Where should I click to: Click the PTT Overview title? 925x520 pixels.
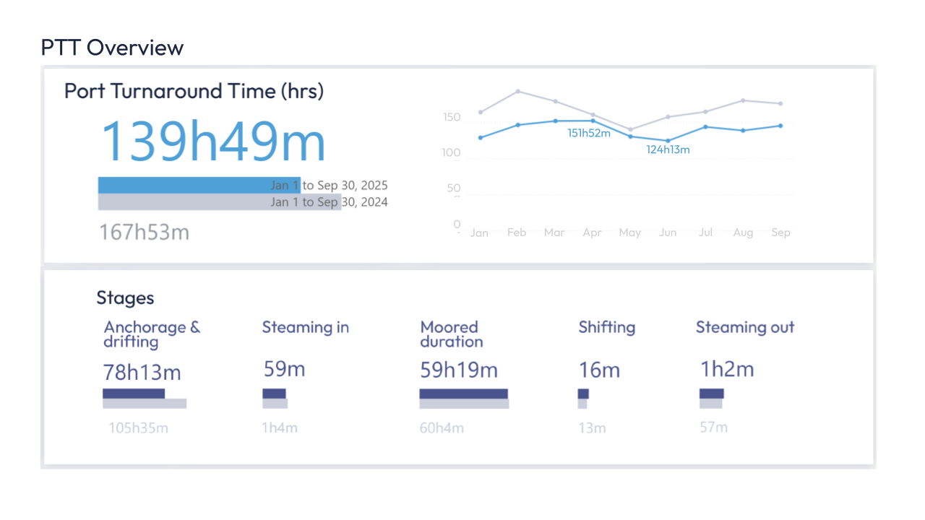click(x=112, y=48)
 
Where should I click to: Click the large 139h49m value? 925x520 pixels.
click(x=212, y=140)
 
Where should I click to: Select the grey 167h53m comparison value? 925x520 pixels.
click(x=144, y=232)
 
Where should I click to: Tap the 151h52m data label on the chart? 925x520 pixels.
click(x=588, y=133)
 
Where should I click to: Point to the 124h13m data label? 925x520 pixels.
click(x=668, y=150)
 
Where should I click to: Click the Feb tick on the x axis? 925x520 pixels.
click(x=517, y=233)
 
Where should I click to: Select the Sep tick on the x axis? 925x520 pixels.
click(x=780, y=233)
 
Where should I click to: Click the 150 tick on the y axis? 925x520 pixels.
click(x=451, y=117)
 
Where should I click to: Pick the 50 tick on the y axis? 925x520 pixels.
click(x=453, y=188)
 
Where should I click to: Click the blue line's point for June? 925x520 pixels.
click(x=668, y=141)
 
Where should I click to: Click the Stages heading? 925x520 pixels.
click(x=125, y=298)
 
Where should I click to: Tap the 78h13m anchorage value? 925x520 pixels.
click(x=142, y=373)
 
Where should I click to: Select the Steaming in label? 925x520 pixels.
click(x=305, y=327)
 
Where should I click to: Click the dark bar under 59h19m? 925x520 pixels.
click(x=463, y=394)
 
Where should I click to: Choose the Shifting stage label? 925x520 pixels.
click(x=606, y=327)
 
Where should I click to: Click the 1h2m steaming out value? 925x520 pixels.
click(x=726, y=370)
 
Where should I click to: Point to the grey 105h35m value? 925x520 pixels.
click(x=138, y=428)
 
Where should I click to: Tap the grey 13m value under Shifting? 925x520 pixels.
click(x=591, y=428)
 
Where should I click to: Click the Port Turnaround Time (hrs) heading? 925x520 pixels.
click(x=194, y=91)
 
